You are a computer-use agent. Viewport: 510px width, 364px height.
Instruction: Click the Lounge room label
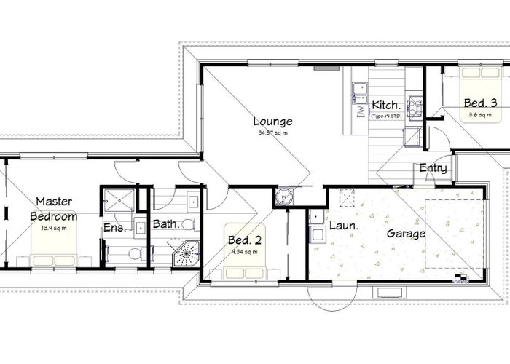pos(272,122)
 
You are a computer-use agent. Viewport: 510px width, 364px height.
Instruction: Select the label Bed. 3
pos(481,104)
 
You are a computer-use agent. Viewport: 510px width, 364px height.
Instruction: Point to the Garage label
pos(406,235)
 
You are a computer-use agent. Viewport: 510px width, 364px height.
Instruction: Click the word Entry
pos(433,169)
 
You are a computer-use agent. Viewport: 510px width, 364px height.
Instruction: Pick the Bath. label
pos(166,225)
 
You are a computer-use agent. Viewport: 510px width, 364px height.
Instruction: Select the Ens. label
pos(115,228)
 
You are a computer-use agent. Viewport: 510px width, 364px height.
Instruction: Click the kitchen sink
pos(359,90)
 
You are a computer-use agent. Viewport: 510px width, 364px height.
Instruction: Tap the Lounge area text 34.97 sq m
pos(273,134)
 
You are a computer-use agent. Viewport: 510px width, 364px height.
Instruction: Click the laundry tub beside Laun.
pos(317,216)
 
